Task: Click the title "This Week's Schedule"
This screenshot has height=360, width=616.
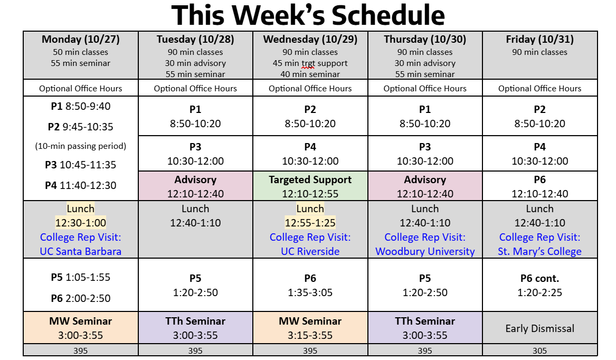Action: point(308,15)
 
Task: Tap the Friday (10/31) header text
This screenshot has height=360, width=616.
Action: point(540,39)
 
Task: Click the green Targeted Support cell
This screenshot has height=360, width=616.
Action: point(310,186)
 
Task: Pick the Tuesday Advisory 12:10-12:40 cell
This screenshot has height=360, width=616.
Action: point(195,186)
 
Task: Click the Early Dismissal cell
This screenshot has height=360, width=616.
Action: point(540,328)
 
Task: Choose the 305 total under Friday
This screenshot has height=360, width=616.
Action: point(540,350)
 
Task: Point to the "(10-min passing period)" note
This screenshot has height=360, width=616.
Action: point(81,146)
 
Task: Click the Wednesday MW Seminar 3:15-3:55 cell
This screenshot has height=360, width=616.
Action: point(310,328)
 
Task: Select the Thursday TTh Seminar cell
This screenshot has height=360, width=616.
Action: point(425,328)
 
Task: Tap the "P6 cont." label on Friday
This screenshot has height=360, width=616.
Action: point(540,278)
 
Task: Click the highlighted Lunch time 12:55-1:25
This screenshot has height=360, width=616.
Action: point(310,223)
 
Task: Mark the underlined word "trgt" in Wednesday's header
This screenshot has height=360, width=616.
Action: point(308,63)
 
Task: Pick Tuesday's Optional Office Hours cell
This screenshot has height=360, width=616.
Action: point(195,88)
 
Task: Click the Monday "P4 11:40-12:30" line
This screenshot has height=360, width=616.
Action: point(81,185)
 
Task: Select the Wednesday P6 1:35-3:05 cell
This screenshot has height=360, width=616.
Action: point(310,285)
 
